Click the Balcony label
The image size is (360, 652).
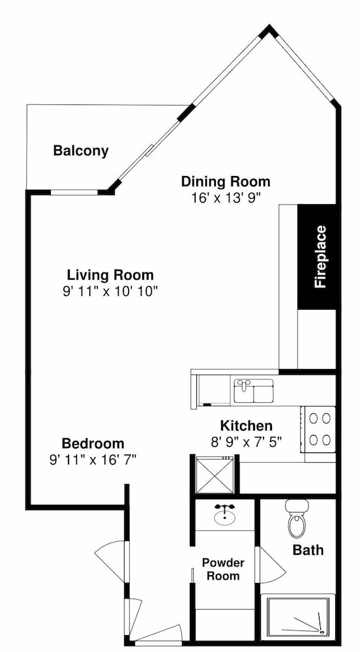click(81, 151)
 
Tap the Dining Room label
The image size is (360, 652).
click(226, 182)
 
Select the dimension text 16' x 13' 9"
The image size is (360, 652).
click(226, 197)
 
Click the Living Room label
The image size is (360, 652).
click(110, 275)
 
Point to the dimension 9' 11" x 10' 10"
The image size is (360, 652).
click(111, 291)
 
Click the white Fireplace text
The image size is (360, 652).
click(320, 256)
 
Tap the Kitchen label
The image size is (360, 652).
click(246, 426)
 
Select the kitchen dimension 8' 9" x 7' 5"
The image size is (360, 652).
click(247, 441)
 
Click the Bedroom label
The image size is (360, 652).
click(93, 443)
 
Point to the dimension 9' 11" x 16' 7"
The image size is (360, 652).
click(93, 459)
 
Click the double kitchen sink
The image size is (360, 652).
click(254, 391)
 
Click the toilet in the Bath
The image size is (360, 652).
click(296, 518)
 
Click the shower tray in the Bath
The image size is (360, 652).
click(297, 617)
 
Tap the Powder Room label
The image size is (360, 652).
click(223, 569)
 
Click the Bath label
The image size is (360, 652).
click(308, 550)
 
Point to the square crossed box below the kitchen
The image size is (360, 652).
click(215, 475)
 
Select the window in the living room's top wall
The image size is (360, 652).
click(74, 192)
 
